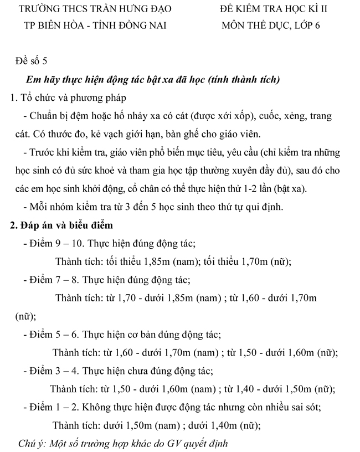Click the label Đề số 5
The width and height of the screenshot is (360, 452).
(34, 61)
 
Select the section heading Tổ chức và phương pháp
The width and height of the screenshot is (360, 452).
(73, 97)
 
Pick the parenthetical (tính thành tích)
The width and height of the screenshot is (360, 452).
(244, 79)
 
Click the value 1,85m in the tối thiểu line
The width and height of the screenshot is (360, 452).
(157, 261)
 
